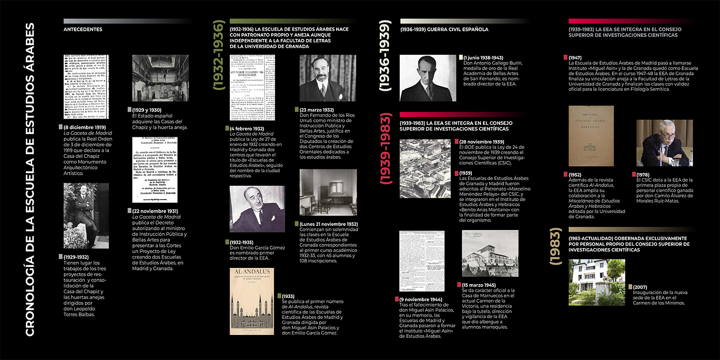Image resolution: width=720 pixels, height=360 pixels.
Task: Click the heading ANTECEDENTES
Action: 83,29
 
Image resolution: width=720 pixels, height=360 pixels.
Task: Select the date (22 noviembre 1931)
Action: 155,211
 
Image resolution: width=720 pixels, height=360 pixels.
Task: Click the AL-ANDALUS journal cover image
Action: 252,301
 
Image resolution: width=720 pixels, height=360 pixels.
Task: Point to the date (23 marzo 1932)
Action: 317,109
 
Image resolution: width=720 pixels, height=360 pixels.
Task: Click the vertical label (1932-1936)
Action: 219,56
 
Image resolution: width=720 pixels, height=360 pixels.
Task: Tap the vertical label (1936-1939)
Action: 386,56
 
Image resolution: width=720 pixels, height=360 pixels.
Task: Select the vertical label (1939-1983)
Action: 386,149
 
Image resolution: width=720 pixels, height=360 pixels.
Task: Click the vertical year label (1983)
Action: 555,247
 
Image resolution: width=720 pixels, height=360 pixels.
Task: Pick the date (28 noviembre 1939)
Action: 481,142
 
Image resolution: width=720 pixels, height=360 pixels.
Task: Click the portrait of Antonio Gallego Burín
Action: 428,78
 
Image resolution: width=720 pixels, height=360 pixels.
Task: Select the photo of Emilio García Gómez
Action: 257,209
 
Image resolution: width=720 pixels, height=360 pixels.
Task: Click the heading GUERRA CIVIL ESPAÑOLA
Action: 444,29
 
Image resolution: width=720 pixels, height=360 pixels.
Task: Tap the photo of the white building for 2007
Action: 597,282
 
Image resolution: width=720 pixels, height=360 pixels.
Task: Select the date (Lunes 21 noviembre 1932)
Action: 329,224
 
